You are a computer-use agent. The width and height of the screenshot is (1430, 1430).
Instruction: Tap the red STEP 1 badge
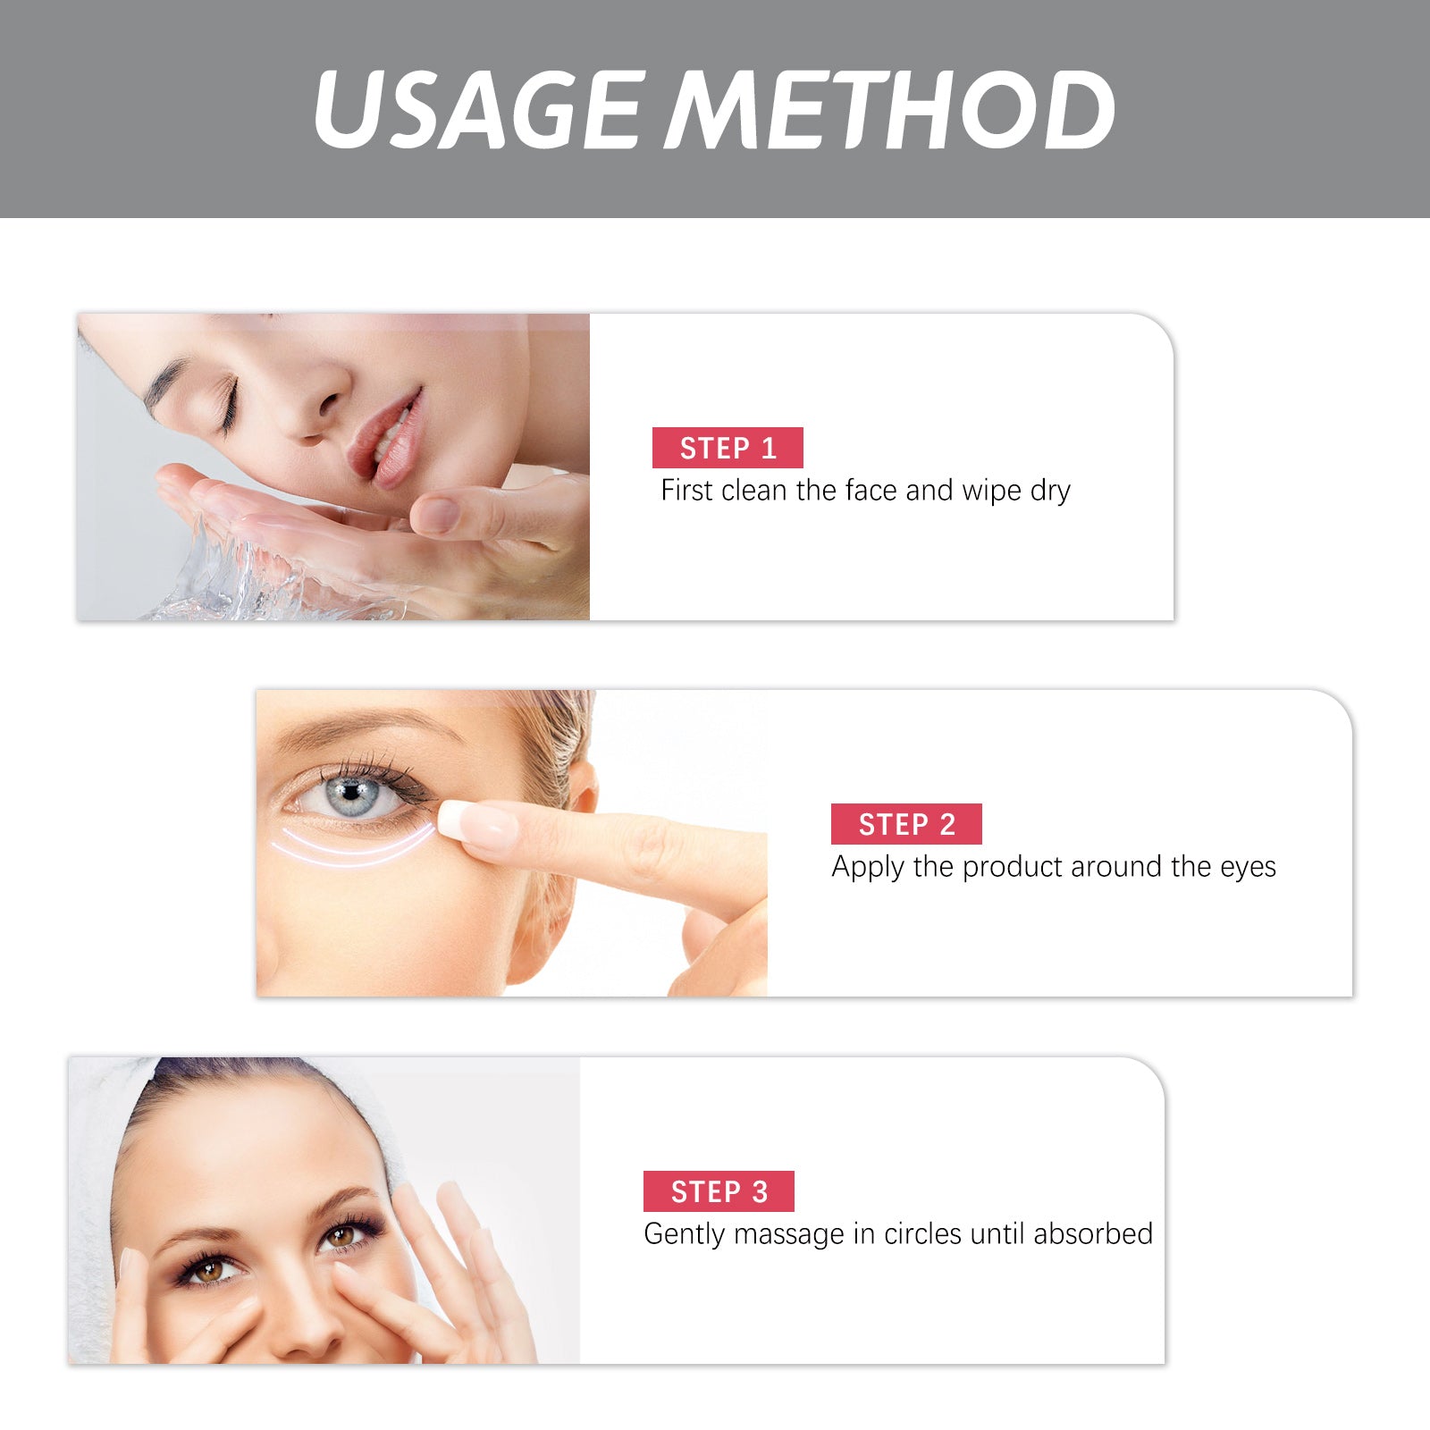click(x=728, y=448)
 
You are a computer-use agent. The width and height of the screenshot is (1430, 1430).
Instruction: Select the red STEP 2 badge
click(x=906, y=824)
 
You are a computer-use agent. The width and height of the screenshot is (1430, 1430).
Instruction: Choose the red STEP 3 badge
click(x=719, y=1191)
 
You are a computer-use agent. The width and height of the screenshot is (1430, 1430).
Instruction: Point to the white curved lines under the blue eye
click(x=357, y=849)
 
